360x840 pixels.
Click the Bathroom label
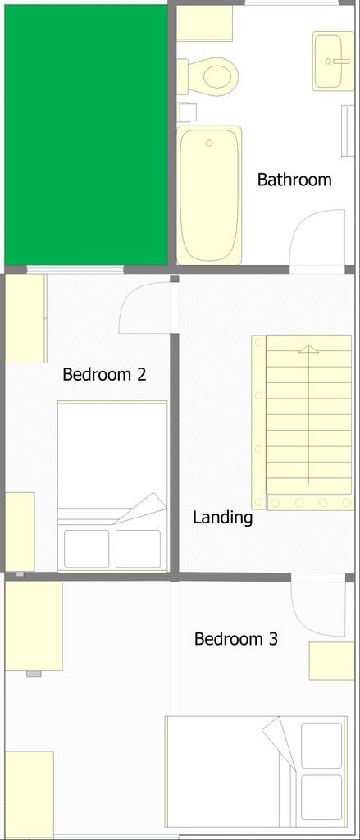[x=294, y=180]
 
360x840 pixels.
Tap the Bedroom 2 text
[x=104, y=374]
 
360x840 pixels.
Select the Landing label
[x=222, y=518]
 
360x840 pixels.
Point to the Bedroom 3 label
[x=235, y=639]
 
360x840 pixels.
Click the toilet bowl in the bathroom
[x=214, y=75]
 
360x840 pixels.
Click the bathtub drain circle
[x=209, y=143]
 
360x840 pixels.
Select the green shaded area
[x=86, y=135]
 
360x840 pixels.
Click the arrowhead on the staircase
[x=308, y=349]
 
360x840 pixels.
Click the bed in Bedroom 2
[x=112, y=486]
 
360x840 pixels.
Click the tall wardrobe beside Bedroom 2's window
[x=25, y=318]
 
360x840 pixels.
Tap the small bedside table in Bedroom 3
[x=331, y=660]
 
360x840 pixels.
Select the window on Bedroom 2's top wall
[x=75, y=270]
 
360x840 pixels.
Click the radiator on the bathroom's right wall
[x=348, y=131]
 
